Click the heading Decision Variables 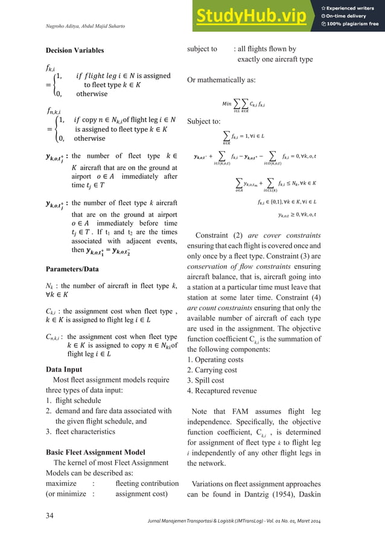point(75,50)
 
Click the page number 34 point(51,515)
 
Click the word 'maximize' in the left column point(65,483)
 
